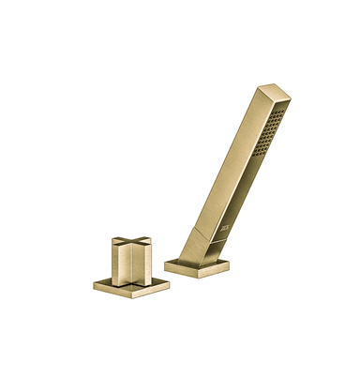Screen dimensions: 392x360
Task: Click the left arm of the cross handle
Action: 114,248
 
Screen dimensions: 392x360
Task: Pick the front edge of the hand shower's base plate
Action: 183,273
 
